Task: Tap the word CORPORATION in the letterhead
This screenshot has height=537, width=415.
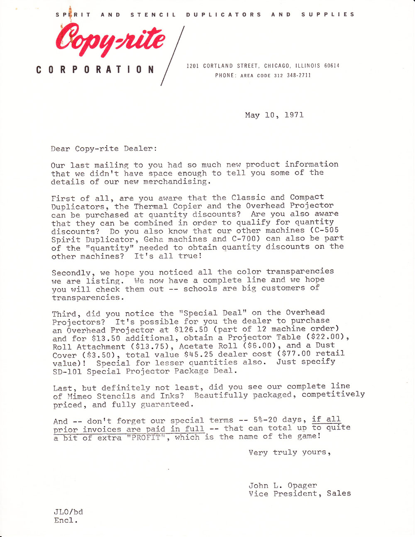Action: tap(95, 70)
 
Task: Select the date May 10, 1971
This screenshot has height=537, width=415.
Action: tap(274, 115)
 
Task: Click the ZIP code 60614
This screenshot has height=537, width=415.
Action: tap(332, 66)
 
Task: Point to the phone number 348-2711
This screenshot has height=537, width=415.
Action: tap(298, 76)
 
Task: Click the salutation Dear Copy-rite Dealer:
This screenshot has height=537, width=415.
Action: tap(104, 149)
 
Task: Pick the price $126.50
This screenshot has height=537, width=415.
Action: tap(191, 330)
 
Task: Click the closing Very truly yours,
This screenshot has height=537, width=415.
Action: tap(290, 452)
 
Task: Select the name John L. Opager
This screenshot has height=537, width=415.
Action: tap(283, 485)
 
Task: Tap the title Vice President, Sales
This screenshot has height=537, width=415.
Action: tap(300, 493)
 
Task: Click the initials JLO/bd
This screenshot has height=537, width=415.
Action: tap(68, 512)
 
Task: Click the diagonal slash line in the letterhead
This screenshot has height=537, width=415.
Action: tap(172, 56)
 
